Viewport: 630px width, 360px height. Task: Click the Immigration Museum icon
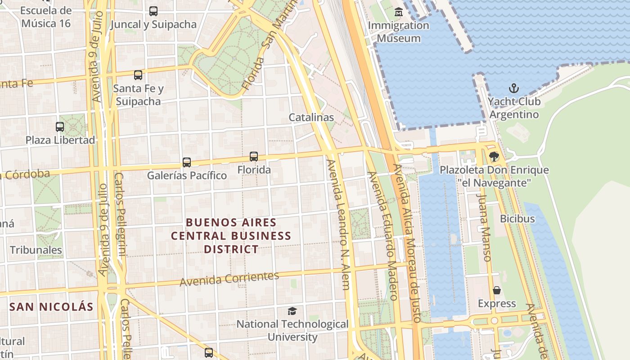point(398,12)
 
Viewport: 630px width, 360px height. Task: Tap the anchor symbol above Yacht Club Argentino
point(513,88)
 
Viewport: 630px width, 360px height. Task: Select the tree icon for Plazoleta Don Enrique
point(494,157)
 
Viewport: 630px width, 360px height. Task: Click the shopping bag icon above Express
point(497,290)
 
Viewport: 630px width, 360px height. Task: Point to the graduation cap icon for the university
point(292,311)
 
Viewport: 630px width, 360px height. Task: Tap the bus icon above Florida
point(254,157)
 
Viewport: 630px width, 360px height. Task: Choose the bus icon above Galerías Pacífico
point(187,162)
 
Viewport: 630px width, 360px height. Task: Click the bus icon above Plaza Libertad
point(60,127)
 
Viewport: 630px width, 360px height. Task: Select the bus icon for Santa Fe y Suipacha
point(138,75)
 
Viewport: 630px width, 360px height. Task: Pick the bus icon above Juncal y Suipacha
point(153,11)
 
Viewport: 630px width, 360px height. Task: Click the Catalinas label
point(311,117)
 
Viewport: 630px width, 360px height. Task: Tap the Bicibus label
point(517,219)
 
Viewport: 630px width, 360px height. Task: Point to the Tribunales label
point(36,250)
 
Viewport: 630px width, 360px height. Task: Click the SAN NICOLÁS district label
point(51,307)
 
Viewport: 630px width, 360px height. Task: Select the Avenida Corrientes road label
point(229,279)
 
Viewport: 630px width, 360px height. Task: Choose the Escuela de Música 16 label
point(46,17)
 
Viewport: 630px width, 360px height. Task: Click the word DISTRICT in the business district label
point(231,249)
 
